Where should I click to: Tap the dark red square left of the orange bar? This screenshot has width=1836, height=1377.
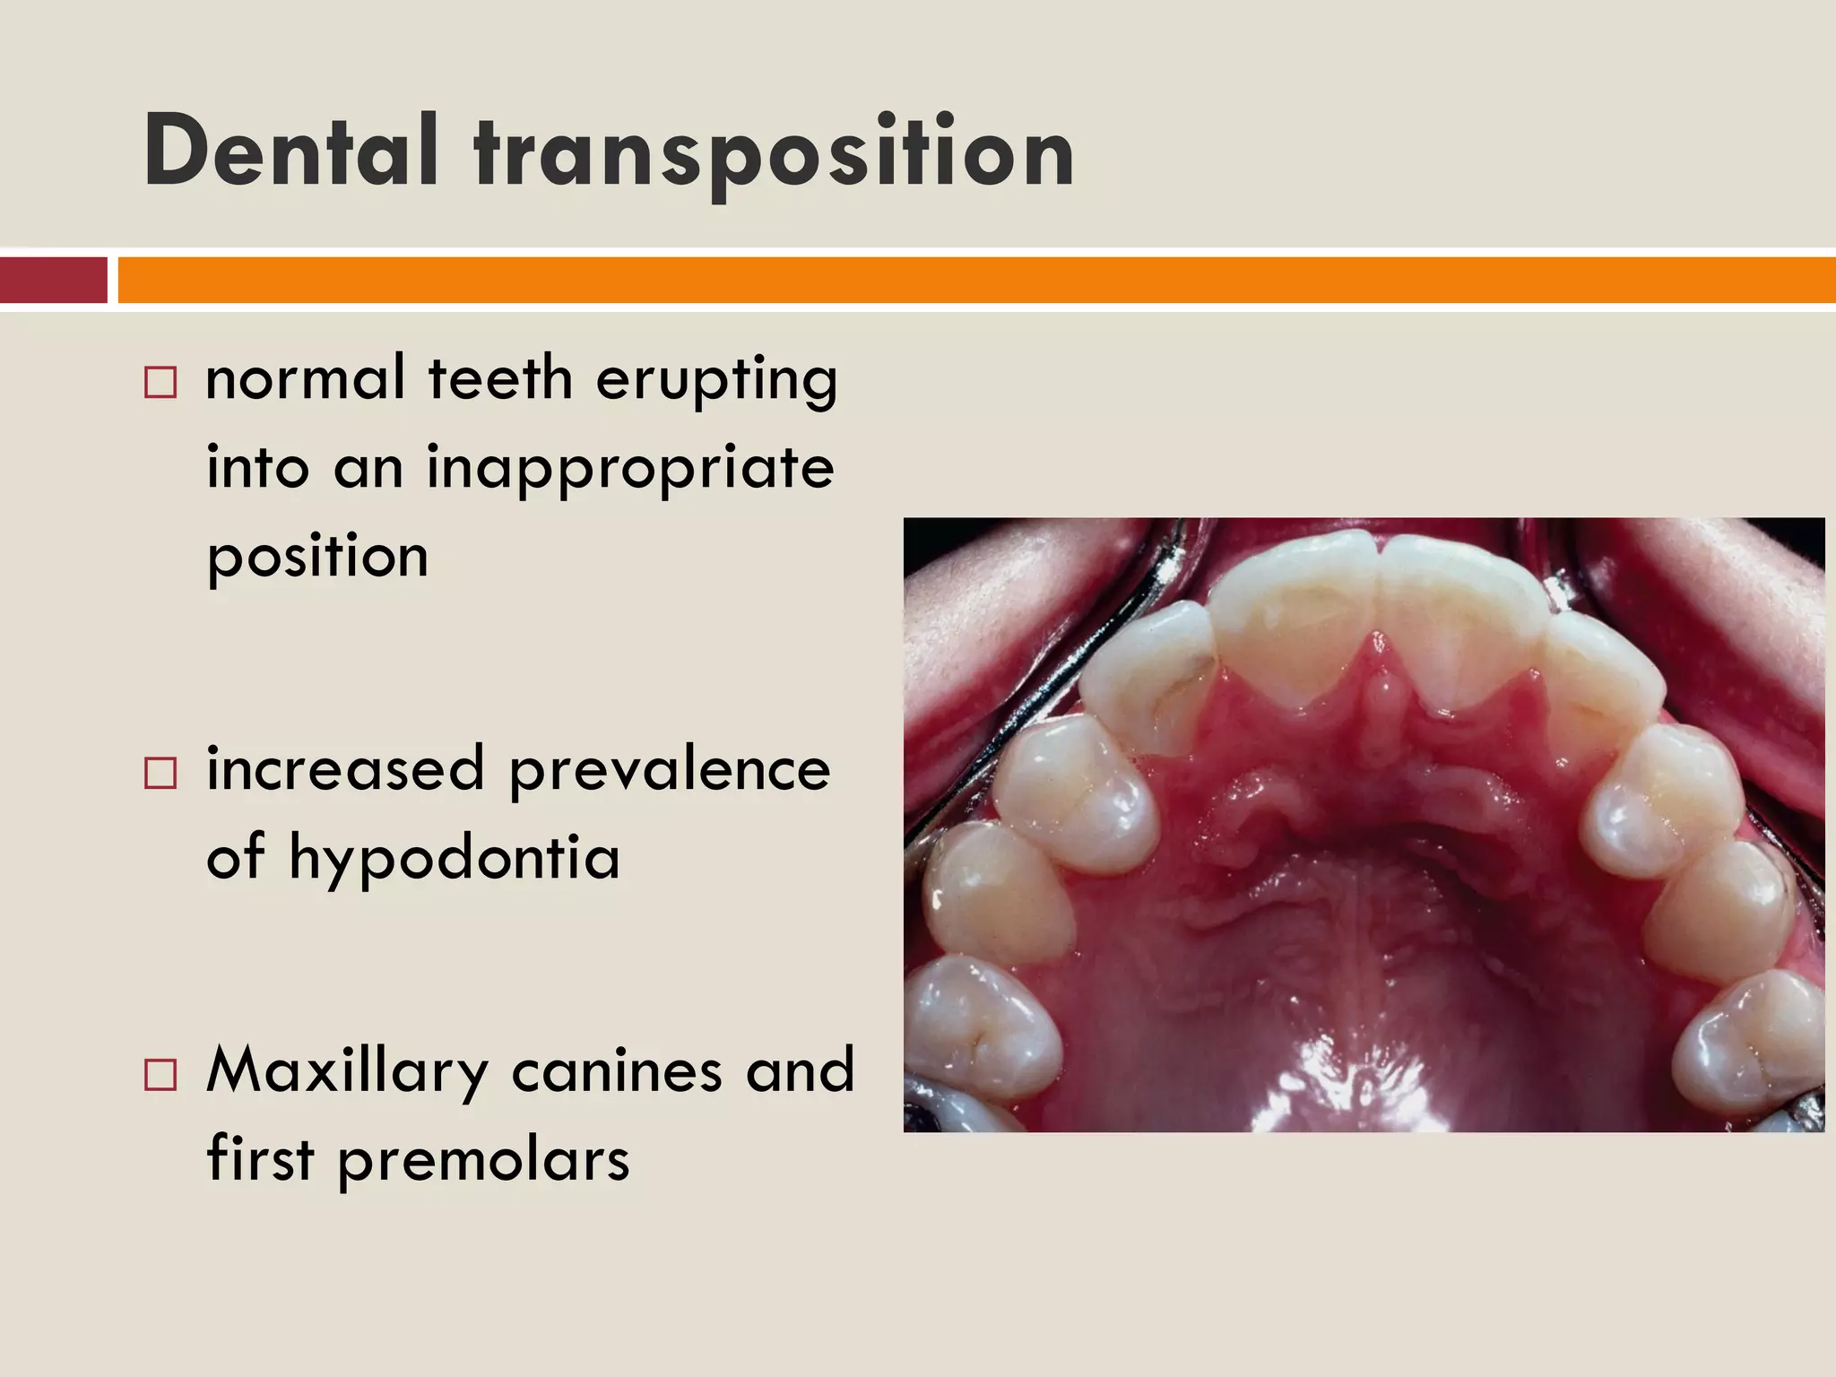click(53, 280)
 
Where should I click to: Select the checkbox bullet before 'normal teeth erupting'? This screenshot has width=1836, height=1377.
click(160, 383)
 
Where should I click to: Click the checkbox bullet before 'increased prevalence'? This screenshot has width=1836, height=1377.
click(160, 773)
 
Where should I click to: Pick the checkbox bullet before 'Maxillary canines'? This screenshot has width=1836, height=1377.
click(160, 1073)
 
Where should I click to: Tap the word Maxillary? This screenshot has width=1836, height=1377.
click(347, 1072)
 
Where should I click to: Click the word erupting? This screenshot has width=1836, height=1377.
click(716, 380)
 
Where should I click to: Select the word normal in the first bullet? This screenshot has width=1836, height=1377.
click(305, 378)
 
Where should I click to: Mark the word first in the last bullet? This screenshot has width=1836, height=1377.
click(260, 1158)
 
